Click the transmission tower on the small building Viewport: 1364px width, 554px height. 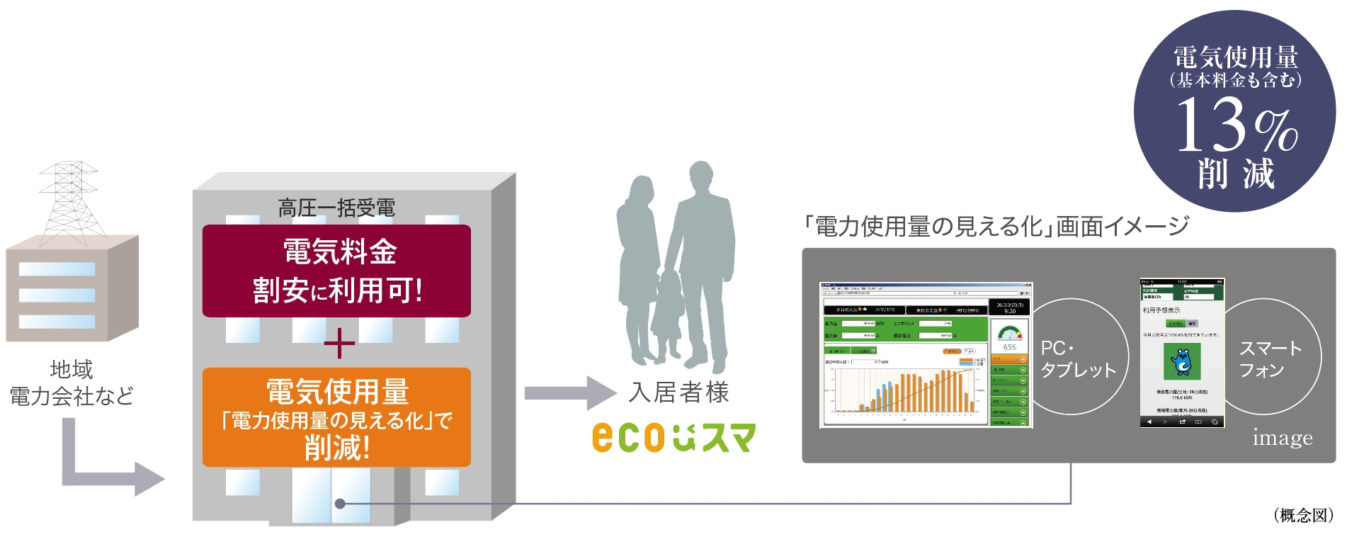[69, 201]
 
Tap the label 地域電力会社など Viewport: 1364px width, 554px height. [71, 383]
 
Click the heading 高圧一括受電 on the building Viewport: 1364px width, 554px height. [336, 208]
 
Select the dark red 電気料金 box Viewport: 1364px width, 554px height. [336, 271]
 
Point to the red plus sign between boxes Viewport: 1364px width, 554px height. [339, 344]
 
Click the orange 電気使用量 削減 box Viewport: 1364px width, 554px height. [336, 417]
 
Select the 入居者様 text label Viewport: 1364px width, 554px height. [679, 392]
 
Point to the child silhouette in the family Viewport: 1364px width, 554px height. [666, 312]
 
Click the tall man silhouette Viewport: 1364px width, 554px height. [701, 262]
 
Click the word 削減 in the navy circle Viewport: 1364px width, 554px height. [1236, 174]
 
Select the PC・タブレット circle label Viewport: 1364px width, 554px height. [1078, 359]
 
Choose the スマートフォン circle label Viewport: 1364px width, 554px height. [1271, 358]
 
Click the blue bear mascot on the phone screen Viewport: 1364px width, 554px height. [1181, 361]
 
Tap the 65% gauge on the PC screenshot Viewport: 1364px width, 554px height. [1010, 337]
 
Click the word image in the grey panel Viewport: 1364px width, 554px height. [1282, 438]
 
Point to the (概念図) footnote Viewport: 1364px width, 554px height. [1303, 515]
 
